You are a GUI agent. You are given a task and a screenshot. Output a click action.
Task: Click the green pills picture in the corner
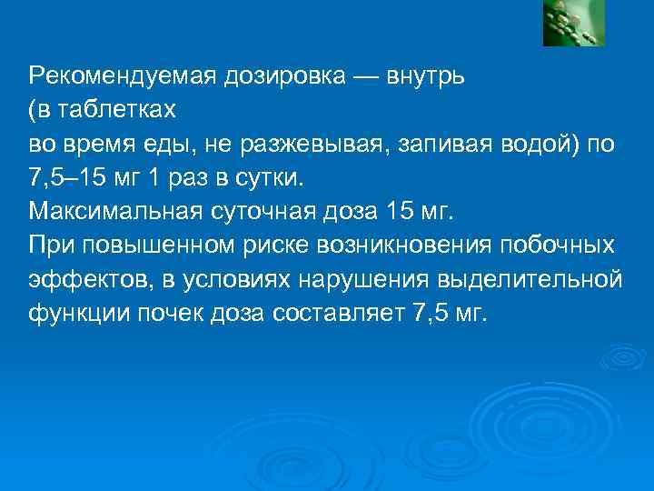[574, 23]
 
